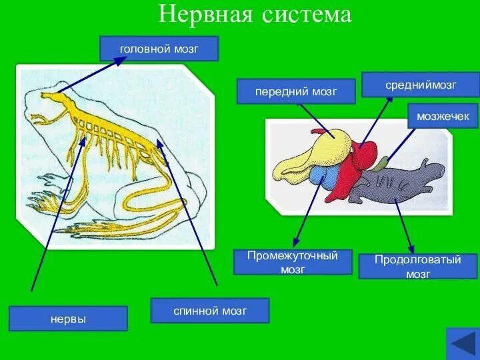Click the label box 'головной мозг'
[x=159, y=49]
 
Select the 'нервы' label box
[x=68, y=319]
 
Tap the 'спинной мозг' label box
[x=210, y=311]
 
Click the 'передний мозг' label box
[x=296, y=91]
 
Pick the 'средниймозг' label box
[x=421, y=85]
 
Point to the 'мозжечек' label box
[x=443, y=116]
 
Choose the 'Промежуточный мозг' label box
[x=293, y=262]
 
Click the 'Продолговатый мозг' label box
[x=418, y=266]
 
